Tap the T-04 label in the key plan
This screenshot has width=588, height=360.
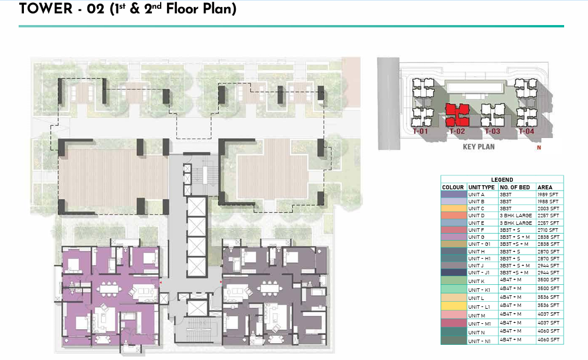[x=526, y=132]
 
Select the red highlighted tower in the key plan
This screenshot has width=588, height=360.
[x=458, y=115]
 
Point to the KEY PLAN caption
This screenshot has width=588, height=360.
[x=479, y=147]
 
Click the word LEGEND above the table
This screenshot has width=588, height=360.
[x=502, y=180]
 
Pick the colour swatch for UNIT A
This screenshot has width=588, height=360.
[x=454, y=195]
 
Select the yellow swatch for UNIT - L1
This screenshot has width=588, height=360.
[x=454, y=306]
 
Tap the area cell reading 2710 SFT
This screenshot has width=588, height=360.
[x=548, y=231]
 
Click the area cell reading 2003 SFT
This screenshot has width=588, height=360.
[x=548, y=209]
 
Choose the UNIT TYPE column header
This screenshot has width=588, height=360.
[x=481, y=188]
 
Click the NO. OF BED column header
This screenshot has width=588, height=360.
[x=516, y=188]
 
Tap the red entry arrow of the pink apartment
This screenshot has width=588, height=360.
[x=160, y=281]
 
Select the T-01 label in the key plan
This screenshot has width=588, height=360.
[x=420, y=132]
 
